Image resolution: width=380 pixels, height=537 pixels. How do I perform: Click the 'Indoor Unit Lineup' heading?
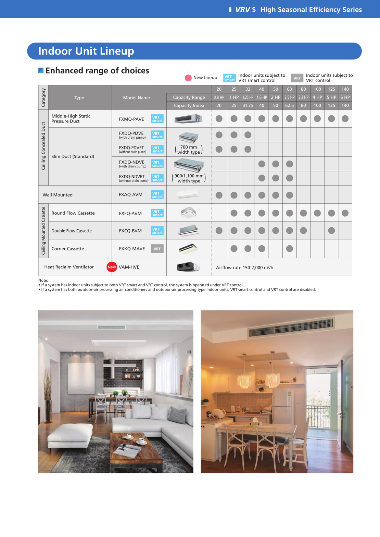pyautogui.click(x=86, y=51)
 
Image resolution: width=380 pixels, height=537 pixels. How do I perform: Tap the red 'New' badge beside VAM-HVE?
pyautogui.click(x=112, y=267)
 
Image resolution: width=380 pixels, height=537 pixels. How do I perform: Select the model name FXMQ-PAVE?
pyautogui.click(x=131, y=119)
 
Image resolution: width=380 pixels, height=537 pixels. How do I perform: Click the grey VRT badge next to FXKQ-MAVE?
pyautogui.click(x=157, y=249)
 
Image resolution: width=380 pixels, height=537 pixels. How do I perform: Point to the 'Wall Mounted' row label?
pyautogui.click(x=58, y=195)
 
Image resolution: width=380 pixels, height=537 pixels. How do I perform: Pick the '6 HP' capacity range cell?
pyautogui.click(x=345, y=97)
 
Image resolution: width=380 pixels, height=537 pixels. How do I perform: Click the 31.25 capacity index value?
pyautogui.click(x=248, y=105)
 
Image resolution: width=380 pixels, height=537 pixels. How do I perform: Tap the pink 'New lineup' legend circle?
pyautogui.click(x=188, y=78)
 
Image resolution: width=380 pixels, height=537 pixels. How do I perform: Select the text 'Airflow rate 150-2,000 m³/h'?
pyautogui.click(x=244, y=267)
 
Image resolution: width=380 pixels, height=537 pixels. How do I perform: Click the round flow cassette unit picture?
pyautogui.click(x=188, y=213)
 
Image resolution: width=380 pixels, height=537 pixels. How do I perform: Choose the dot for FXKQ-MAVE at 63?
pyautogui.click(x=289, y=248)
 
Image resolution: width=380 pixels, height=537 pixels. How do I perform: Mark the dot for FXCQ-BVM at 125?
pyautogui.click(x=331, y=231)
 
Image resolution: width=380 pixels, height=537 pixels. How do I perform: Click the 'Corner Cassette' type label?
pyautogui.click(x=68, y=249)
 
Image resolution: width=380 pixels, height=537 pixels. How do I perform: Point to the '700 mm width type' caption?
pyautogui.click(x=189, y=150)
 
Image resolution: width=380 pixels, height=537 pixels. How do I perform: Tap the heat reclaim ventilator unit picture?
pyautogui.click(x=188, y=267)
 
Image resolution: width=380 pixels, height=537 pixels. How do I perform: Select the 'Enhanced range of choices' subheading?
pyautogui.click(x=97, y=71)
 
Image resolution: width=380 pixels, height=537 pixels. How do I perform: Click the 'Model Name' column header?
pyautogui.click(x=136, y=98)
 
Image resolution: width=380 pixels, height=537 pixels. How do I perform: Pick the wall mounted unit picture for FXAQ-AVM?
pyautogui.click(x=188, y=194)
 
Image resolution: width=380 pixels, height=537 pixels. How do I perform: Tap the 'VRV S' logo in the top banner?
pyautogui.click(x=245, y=10)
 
